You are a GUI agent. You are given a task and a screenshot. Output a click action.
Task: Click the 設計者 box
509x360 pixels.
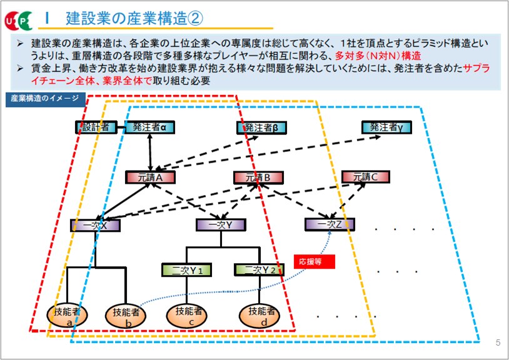pos(96,127)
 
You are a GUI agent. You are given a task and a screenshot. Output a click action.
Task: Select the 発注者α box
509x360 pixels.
pos(149,127)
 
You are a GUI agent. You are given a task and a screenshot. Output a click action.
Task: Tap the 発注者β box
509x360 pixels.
pos(261,127)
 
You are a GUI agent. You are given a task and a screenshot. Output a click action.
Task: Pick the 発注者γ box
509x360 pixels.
pos(386,127)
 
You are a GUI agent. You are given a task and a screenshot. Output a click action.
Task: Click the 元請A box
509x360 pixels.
pos(150,177)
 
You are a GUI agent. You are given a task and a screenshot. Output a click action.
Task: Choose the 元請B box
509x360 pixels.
pos(258,177)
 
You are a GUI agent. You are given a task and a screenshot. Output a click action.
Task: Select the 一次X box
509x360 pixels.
pos(96,225)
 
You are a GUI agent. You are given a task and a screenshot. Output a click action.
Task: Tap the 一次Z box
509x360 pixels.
pos(330,224)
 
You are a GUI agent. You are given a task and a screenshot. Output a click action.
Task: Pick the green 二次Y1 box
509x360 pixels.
pos(186,270)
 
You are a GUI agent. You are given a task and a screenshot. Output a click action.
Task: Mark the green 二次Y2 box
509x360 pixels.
pos(259,270)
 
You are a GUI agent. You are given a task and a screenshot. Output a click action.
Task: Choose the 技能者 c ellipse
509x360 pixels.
pos(188,314)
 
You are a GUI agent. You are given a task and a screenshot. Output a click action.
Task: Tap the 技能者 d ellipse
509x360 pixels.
pos(261,314)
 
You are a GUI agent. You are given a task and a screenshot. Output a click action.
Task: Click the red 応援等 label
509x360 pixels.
pos(315,261)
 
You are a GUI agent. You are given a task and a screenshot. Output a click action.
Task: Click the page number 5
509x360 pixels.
pos(498,342)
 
